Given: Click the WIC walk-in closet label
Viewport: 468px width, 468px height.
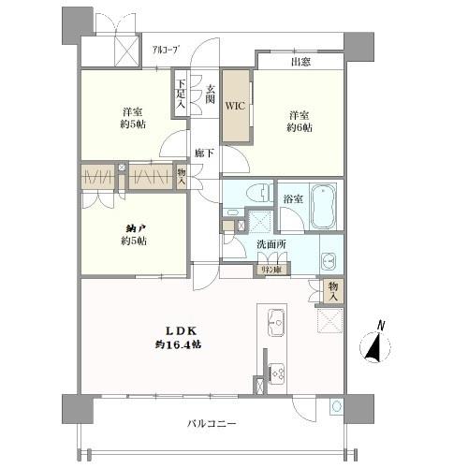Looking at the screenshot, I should click(234, 106).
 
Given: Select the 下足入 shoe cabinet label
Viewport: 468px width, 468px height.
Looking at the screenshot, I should click(181, 95).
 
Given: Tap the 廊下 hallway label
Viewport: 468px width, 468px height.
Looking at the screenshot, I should click(202, 153).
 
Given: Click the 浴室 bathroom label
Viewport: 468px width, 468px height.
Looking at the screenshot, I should click(292, 198).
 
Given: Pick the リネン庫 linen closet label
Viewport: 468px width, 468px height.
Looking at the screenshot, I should click(274, 270).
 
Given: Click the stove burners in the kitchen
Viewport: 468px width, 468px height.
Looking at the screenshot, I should click(277, 372).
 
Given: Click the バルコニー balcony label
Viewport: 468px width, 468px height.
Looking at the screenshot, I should click(210, 424).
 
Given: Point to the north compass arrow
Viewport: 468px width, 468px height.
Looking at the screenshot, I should click(375, 348).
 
